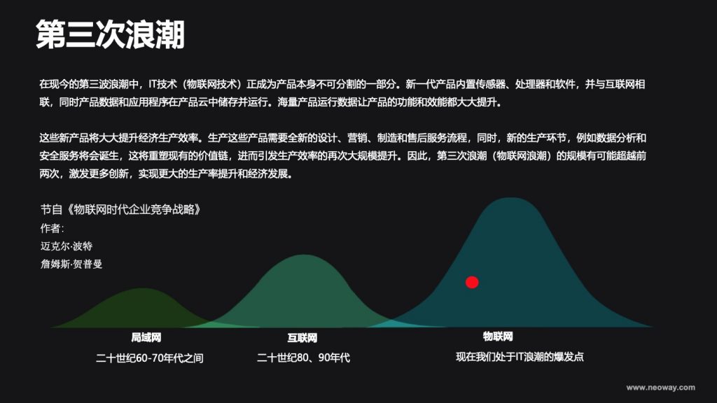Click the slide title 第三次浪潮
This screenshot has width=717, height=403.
(110, 34)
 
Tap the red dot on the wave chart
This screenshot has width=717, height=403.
(472, 283)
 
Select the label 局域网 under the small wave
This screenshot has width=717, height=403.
(146, 338)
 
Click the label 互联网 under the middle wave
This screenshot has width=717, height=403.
(302, 338)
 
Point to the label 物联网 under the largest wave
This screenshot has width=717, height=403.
(498, 337)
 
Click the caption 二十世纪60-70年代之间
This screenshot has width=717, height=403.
(150, 358)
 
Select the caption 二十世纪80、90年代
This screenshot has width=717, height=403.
(303, 358)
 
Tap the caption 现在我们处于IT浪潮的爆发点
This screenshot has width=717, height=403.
(520, 357)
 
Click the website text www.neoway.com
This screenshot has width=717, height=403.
(661, 388)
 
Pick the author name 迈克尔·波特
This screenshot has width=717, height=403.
(67, 246)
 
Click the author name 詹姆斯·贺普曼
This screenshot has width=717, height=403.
(71, 264)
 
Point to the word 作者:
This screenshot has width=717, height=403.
(52, 228)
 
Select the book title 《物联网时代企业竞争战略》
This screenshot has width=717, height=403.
(132, 210)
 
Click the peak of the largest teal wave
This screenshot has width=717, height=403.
(510, 198)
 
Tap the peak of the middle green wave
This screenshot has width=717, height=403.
(304, 255)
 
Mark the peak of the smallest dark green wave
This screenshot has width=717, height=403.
(143, 289)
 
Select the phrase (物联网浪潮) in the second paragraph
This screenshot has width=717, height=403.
(522, 156)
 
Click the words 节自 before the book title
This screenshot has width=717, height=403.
(51, 210)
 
